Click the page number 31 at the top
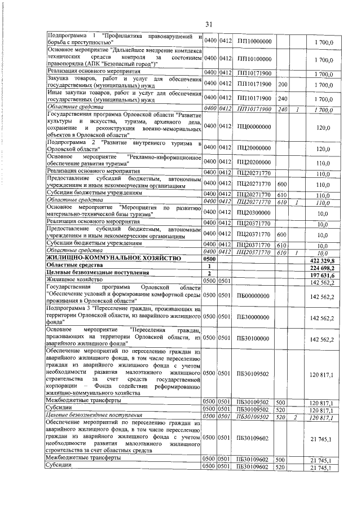pos(208,24)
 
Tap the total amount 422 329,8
pos(323,259)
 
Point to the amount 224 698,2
pos(323,266)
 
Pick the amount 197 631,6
pos(323,273)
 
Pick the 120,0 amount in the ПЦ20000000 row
pos(323,149)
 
